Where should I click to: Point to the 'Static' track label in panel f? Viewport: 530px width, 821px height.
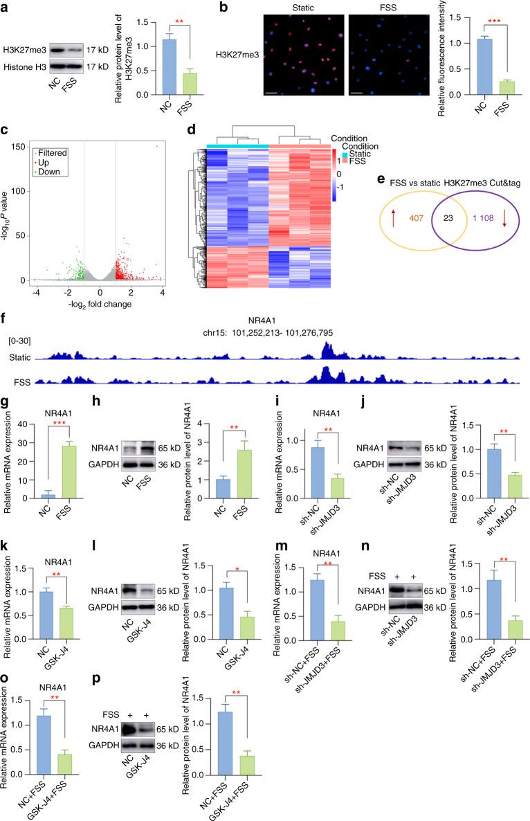click(x=19, y=357)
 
